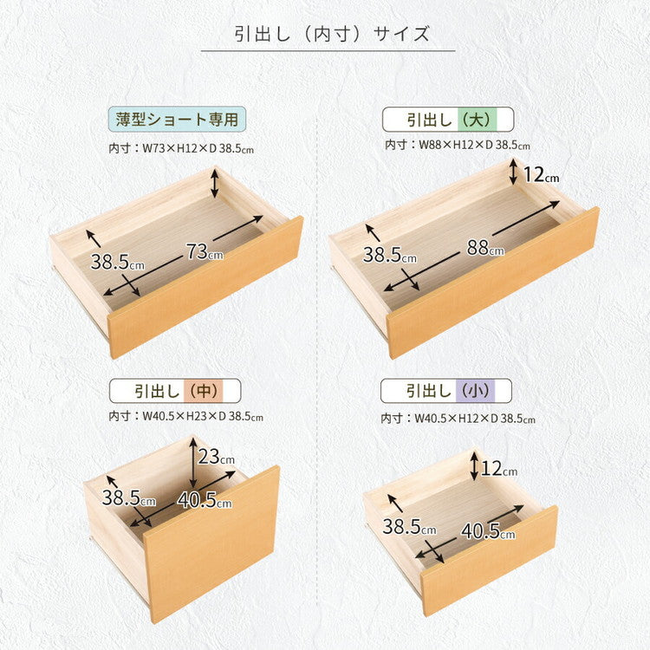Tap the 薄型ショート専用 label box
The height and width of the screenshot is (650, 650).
177,118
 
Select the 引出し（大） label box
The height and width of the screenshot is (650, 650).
448,119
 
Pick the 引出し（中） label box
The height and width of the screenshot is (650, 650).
174,390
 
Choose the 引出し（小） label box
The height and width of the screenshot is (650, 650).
445,390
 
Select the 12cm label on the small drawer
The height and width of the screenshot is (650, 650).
498,469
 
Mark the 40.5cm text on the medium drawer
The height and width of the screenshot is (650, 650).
205,499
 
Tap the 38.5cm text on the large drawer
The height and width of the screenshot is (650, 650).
389,255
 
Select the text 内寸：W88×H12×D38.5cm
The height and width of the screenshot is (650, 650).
458,145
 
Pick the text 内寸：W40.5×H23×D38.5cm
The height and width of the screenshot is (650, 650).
185,417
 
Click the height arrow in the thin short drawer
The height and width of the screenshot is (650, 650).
215,184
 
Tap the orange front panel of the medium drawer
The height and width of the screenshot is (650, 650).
211,544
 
